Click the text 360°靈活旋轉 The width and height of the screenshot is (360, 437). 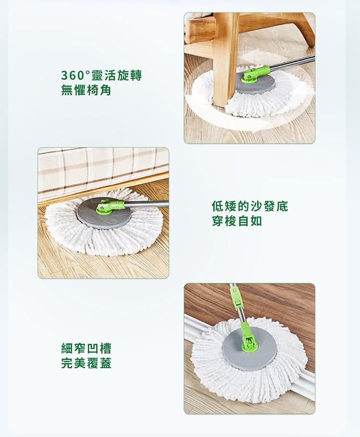click(x=101, y=75)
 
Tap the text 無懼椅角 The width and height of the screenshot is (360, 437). click(x=86, y=90)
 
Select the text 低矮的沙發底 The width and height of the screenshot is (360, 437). click(x=250, y=207)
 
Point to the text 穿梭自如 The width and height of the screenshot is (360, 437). click(x=237, y=221)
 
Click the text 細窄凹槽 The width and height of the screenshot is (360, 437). click(x=86, y=348)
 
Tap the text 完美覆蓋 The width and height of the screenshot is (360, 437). click(x=86, y=363)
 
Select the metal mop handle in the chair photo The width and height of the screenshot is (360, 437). click(x=292, y=63)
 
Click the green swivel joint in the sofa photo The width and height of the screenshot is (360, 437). click(x=110, y=207)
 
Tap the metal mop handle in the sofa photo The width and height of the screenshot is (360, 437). click(x=146, y=204)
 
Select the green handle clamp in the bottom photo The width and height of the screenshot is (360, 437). click(x=235, y=295)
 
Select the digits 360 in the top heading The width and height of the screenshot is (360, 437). click(x=72, y=76)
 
